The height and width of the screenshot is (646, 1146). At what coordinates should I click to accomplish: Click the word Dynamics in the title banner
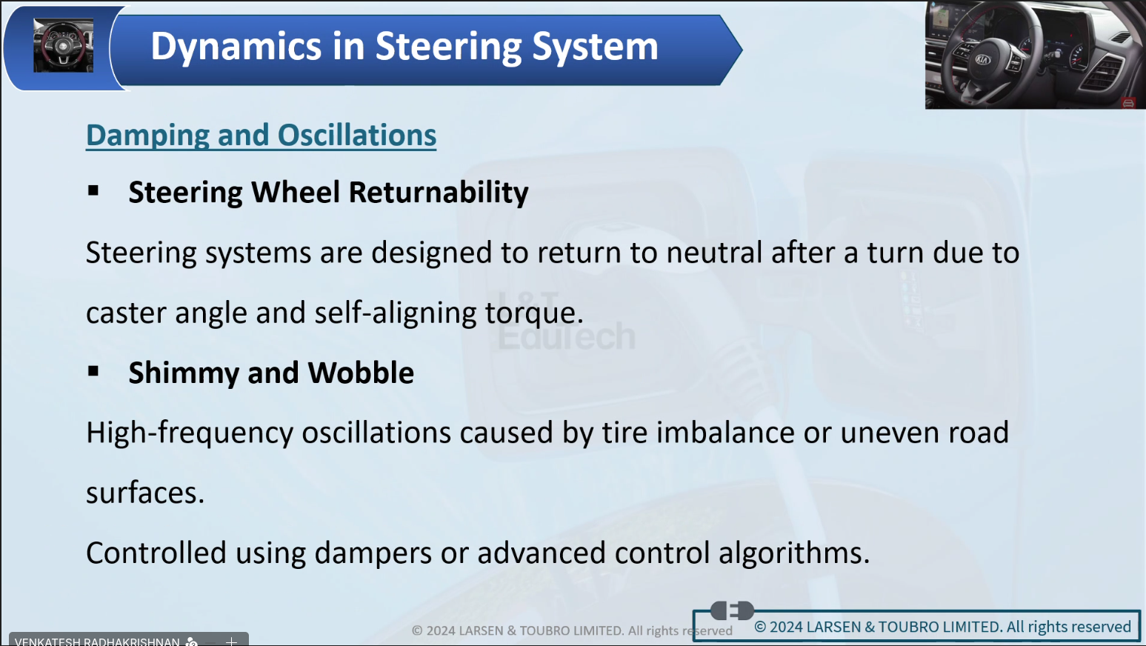[236, 47]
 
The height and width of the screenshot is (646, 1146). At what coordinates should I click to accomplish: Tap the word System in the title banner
[595, 47]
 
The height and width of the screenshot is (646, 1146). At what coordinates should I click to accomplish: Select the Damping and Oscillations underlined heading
[261, 136]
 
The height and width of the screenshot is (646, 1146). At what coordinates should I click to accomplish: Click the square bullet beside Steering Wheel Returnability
[93, 191]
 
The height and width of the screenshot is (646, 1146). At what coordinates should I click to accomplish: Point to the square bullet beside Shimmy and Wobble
[93, 371]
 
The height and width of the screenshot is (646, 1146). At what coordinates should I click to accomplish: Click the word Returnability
[439, 193]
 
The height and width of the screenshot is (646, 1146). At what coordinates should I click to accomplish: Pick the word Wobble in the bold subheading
[361, 373]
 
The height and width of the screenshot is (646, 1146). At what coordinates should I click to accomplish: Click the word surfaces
[145, 493]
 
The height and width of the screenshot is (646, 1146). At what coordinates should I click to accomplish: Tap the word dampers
[373, 554]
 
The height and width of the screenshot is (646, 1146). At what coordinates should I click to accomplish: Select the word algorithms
[794, 554]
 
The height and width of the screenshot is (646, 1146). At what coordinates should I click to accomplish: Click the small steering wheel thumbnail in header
[64, 45]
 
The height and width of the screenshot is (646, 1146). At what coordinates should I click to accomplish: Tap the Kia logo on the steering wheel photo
[982, 60]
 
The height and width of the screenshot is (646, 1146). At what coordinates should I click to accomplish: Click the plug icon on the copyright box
[732, 610]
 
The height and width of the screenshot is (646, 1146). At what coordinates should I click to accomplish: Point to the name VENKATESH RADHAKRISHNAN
[97, 642]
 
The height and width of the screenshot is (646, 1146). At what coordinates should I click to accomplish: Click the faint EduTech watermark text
[567, 336]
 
